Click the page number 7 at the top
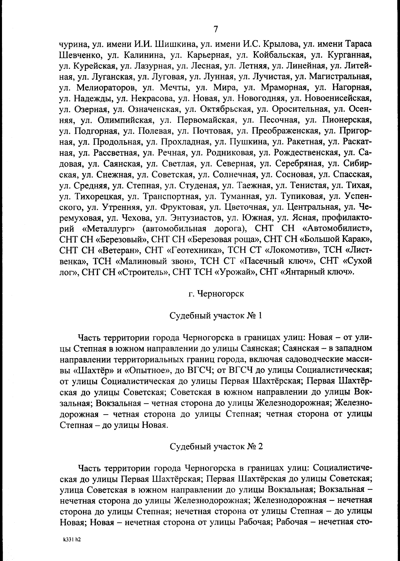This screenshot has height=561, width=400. [x=216, y=29]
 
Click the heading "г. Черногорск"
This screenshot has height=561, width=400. [x=216, y=294]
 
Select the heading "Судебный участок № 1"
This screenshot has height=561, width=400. [x=216, y=316]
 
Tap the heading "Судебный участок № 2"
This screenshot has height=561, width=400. [x=216, y=447]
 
